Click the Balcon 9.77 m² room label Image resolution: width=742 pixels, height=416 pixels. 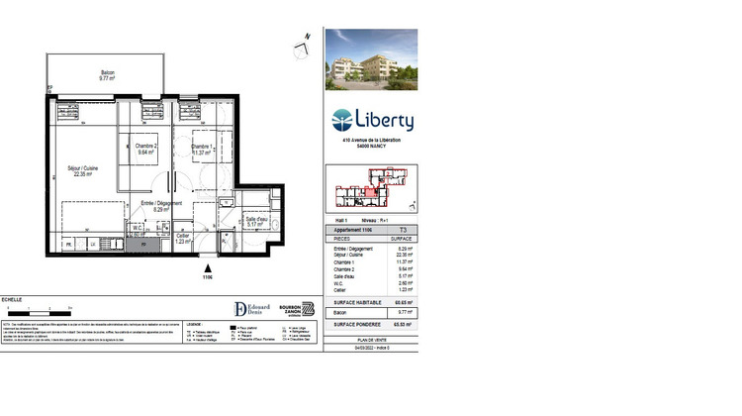click(x=107, y=75)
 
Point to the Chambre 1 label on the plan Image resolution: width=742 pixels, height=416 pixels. click(x=201, y=149)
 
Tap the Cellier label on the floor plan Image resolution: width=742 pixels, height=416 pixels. click(x=183, y=238)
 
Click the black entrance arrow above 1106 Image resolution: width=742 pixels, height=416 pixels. click(x=208, y=267)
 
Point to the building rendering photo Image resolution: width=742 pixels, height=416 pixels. click(x=371, y=58)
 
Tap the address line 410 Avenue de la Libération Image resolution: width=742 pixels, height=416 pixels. click(x=371, y=141)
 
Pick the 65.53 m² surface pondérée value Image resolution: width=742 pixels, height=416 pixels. click(x=402, y=324)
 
